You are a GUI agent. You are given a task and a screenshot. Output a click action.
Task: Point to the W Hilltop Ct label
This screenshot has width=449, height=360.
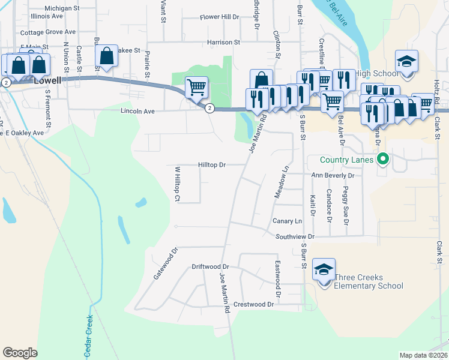click(x=178, y=184)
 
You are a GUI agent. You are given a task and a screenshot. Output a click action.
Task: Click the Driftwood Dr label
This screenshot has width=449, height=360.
click(x=210, y=266)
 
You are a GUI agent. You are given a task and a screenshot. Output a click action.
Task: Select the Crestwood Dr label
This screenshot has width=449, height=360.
click(x=254, y=304)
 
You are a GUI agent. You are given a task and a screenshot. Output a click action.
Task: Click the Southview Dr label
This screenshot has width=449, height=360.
click(x=295, y=236)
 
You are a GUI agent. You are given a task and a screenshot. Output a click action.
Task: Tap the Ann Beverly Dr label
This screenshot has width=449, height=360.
click(x=333, y=175)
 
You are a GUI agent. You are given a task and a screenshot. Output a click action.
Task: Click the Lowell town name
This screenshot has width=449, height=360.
click(x=48, y=79)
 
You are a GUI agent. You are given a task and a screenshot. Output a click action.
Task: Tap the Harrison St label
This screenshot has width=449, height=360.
click(x=223, y=43)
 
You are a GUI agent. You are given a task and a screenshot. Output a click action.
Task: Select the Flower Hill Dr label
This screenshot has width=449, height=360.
click(x=220, y=17)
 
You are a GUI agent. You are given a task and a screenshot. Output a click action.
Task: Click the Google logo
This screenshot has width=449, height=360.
click(x=20, y=353)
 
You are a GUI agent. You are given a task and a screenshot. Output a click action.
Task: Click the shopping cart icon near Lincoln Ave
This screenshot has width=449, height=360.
click(x=197, y=88)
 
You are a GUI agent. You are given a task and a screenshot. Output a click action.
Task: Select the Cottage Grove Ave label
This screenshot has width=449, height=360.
click(x=48, y=32)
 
